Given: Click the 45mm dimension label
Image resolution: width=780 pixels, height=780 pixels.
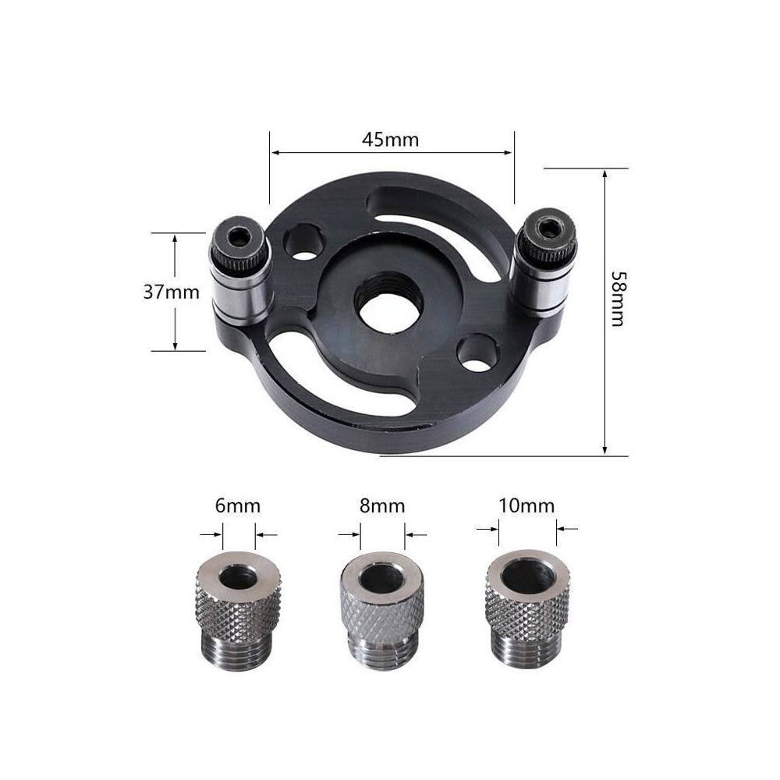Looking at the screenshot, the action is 391,140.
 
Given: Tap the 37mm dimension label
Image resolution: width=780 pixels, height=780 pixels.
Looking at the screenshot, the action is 171,292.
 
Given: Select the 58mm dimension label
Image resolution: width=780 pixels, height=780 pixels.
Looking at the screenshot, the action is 617,299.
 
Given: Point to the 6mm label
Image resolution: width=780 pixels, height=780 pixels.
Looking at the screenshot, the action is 238,506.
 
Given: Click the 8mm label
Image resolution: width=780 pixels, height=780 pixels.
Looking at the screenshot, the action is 382,506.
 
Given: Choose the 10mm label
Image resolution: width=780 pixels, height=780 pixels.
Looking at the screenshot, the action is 526,506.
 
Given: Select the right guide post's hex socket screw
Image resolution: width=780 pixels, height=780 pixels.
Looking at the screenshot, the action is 548,229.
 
